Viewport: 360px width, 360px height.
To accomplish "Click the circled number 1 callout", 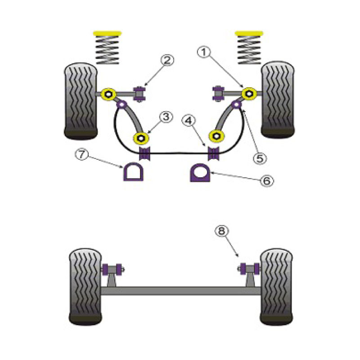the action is (204, 52).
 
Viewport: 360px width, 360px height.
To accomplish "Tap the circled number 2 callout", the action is (167, 60).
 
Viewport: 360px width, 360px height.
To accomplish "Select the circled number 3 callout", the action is (166, 117).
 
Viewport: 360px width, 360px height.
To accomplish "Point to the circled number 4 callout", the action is (189, 121).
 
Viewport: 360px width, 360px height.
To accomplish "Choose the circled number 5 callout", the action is (260, 158).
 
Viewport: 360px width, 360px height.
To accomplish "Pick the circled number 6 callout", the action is (266, 181).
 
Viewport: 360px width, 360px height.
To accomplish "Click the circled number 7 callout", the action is (81, 154).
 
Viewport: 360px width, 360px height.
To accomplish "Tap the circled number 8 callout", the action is (221, 231).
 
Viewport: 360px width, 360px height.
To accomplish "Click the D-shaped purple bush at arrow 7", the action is (133, 172).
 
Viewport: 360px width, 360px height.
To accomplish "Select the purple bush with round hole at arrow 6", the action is (200, 173).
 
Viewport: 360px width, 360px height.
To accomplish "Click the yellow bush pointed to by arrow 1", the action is (249, 94).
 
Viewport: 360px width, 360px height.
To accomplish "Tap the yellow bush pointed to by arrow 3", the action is (141, 138).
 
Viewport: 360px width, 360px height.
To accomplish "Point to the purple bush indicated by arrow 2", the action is (139, 94).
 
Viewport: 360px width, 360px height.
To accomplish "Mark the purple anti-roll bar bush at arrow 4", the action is (213, 153).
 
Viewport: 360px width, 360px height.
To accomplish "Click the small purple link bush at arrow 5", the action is (236, 105).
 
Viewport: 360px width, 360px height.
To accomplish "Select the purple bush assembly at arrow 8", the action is (250, 269).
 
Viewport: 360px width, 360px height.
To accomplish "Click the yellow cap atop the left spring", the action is (107, 33).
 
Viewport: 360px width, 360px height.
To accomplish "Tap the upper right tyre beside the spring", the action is (278, 99).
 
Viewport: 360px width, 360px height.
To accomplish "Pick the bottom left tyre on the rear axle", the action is (85, 287).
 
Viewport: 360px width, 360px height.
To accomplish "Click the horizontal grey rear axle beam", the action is (181, 291).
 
